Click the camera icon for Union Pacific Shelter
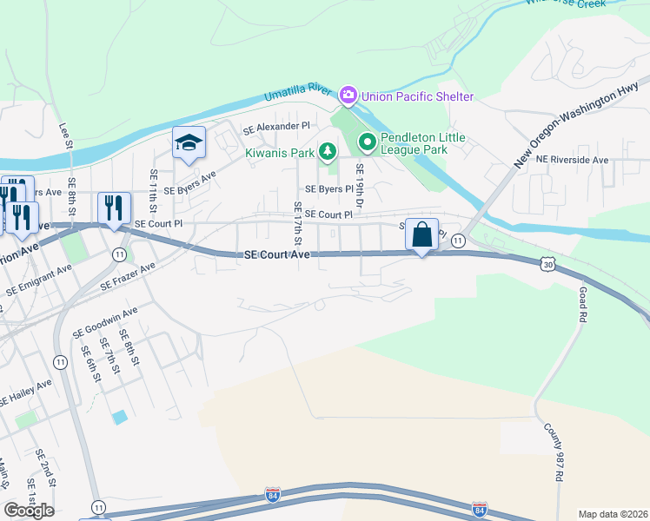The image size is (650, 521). point(348,94)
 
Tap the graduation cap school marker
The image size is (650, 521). point(188,143)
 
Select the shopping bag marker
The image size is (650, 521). point(421,234)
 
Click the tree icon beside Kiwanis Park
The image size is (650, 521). point(328,153)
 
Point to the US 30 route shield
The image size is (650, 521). point(547,264)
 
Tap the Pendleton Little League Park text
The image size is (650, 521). point(426,144)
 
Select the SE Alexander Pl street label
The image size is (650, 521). point(276,128)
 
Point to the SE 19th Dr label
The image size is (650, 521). point(358,185)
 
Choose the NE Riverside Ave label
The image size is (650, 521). point(572,160)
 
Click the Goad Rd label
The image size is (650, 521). point(582,306)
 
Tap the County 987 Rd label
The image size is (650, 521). point(553,453)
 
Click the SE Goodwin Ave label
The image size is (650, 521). point(106,321)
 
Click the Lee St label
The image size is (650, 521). point(65,135)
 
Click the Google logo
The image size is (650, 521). point(29,510)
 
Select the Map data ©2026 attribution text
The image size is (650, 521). point(613,514)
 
